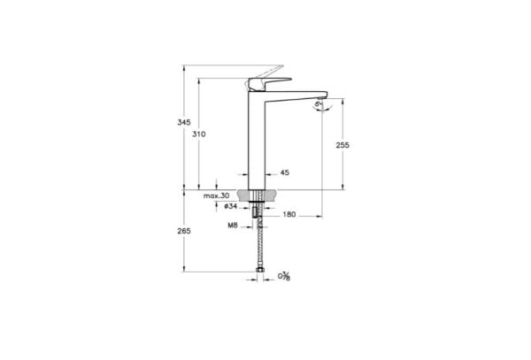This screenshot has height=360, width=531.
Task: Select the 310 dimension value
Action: click(198, 134)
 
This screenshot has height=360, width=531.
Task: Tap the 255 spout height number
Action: click(342, 147)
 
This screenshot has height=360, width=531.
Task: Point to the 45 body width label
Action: click(284, 173)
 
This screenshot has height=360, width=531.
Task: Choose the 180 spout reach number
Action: click(289, 215)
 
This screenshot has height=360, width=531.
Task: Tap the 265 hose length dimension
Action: click(184, 231)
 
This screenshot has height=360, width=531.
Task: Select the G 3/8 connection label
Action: click(286, 278)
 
